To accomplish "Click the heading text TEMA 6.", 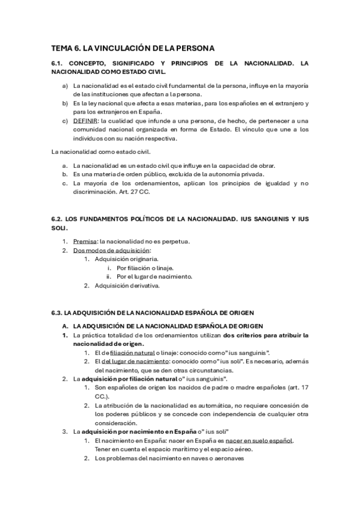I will click(x=66, y=48).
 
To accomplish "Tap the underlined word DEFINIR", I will click(x=85, y=120).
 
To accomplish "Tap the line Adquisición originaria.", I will click(x=125, y=259).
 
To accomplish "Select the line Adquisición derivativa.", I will click(x=126, y=286).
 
